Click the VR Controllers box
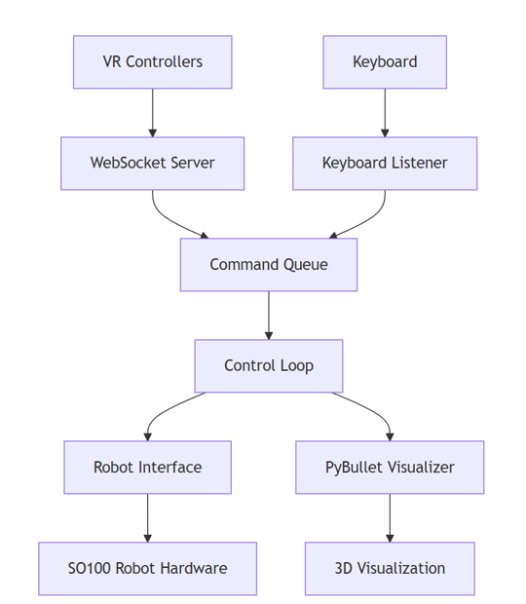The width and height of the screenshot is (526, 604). point(152,62)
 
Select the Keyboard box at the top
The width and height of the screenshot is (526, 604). point(385,62)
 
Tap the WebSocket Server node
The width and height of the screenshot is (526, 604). point(152,163)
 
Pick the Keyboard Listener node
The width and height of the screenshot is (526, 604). point(385,163)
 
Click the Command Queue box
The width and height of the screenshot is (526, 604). point(269,264)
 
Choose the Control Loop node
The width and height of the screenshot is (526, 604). point(269,365)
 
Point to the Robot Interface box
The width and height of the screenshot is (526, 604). point(148,467)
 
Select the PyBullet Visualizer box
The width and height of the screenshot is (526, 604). point(390,467)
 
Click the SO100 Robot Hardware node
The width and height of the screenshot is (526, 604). point(148,568)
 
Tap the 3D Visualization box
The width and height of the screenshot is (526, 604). point(390,568)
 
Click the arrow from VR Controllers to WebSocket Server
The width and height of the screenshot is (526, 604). point(152,112)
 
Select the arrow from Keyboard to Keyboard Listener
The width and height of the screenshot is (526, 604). point(385,112)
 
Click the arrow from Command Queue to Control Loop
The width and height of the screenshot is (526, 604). point(269,315)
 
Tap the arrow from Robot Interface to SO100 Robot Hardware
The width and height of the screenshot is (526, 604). point(148,517)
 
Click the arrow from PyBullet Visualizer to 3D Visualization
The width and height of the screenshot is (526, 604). point(390,517)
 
